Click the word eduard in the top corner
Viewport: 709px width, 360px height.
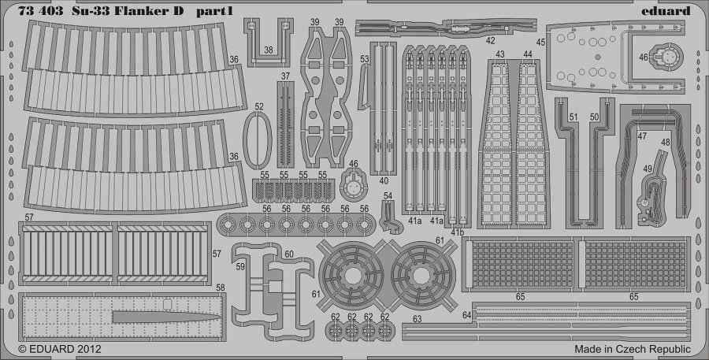[666, 11]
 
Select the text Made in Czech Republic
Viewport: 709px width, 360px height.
[633, 349]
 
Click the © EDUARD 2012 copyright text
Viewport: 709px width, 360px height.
[60, 349]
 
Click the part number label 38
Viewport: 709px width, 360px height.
[269, 50]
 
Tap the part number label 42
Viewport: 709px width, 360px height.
[491, 40]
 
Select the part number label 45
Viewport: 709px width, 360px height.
[540, 43]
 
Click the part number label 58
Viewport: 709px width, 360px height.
[221, 288]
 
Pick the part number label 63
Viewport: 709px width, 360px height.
[417, 319]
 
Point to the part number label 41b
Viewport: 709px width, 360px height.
[457, 232]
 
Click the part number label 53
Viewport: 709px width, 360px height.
[365, 59]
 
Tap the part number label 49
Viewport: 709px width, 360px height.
[648, 169]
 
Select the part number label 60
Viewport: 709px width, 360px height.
[289, 254]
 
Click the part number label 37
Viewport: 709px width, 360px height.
[285, 76]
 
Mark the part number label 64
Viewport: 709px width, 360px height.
[467, 315]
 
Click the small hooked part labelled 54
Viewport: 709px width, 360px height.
[390, 217]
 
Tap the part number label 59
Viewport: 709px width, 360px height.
[240, 267]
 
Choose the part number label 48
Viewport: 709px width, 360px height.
[666, 142]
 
